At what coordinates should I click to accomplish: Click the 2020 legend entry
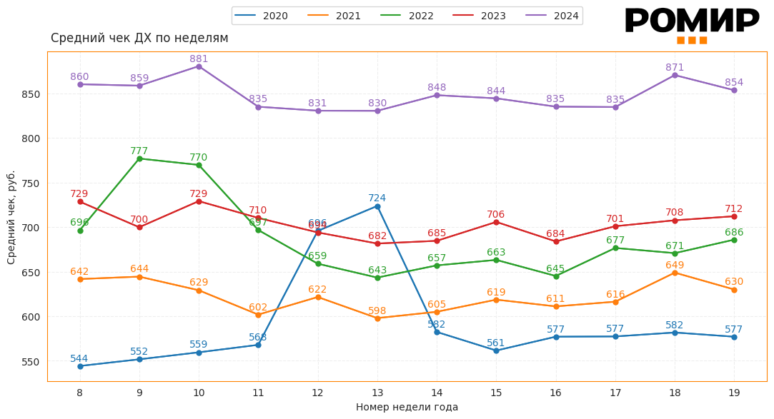(x=262, y=16)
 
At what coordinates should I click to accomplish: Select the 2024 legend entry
(x=552, y=16)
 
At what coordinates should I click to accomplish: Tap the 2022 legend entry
(x=407, y=16)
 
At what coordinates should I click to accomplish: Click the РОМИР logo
(x=692, y=24)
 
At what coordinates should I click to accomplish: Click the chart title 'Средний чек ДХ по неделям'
(x=139, y=38)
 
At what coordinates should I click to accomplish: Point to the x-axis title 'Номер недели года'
(x=407, y=407)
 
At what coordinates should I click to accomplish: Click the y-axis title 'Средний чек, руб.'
(x=11, y=217)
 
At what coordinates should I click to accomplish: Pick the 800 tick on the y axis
(x=30, y=138)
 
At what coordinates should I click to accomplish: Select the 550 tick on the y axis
(x=30, y=361)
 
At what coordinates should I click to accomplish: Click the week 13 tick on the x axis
(x=377, y=393)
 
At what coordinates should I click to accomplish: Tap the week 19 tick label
(x=734, y=393)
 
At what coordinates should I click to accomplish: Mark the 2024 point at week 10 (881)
(x=199, y=66)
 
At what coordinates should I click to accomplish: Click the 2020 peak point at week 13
(x=377, y=206)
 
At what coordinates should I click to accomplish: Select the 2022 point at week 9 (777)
(x=139, y=158)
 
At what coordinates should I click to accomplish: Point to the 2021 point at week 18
(x=675, y=273)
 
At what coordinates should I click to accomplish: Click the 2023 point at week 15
(x=496, y=222)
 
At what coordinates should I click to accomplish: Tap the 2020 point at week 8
(x=80, y=366)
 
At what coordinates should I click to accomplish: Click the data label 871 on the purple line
(x=675, y=67)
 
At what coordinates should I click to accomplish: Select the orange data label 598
(x=377, y=311)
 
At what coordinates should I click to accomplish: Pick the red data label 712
(x=734, y=208)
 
